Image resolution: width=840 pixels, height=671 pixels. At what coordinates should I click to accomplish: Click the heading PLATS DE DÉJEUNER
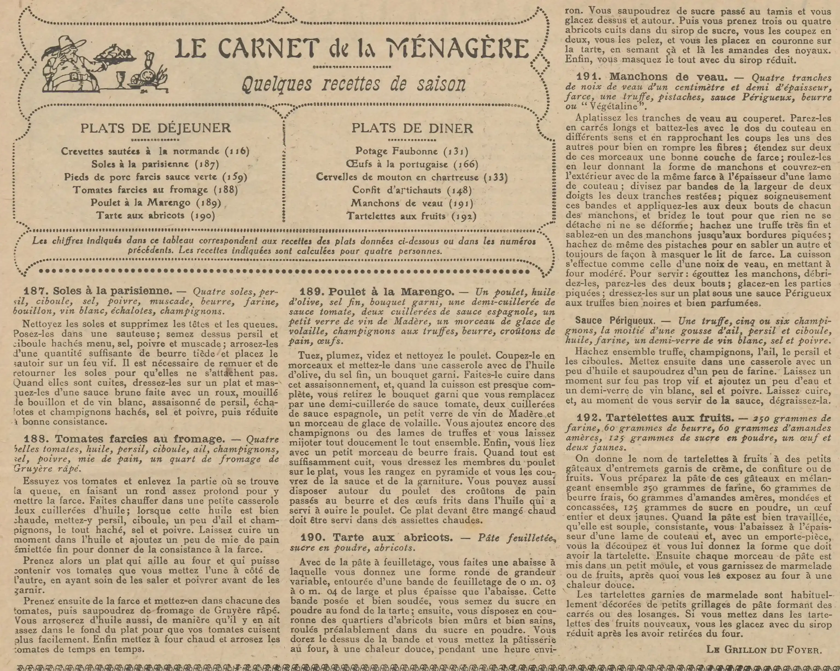point(156,128)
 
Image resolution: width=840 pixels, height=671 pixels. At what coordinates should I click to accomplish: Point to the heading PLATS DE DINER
point(412,128)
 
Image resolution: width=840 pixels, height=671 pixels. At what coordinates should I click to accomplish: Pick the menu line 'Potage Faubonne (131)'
point(412,151)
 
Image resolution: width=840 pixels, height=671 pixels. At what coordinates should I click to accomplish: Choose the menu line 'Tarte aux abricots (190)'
point(156,215)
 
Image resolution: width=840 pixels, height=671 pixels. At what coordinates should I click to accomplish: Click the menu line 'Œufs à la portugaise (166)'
point(412,164)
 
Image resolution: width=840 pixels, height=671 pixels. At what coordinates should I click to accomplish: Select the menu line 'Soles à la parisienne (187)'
point(155,164)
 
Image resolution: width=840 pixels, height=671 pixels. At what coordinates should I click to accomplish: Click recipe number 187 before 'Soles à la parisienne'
point(36,291)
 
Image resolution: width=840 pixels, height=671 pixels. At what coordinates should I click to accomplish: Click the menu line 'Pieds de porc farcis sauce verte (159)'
point(156,177)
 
